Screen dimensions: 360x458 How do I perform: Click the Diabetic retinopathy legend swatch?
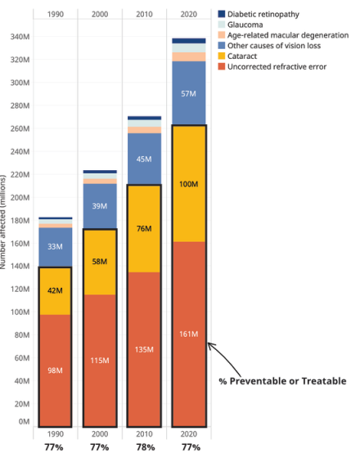click(x=222, y=14)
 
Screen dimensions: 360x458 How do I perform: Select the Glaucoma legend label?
click(x=245, y=25)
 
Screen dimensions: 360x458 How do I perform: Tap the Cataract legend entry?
click(x=237, y=56)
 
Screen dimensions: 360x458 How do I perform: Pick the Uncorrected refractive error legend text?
click(x=277, y=66)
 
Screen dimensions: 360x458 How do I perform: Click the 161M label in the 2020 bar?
click(x=188, y=334)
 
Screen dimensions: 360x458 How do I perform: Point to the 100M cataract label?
click(x=188, y=184)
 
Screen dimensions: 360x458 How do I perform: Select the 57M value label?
click(x=188, y=94)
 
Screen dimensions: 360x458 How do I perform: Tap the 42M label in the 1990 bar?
click(x=55, y=290)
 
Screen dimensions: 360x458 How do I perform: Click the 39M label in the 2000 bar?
click(x=100, y=206)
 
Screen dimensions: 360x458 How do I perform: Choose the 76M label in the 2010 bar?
click(x=144, y=228)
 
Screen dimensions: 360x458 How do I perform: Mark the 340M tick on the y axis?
click(x=20, y=37)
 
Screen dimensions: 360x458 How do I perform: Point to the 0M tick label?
click(x=24, y=421)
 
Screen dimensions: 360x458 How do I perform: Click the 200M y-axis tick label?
click(x=20, y=197)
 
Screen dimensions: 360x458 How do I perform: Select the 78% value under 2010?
click(x=146, y=447)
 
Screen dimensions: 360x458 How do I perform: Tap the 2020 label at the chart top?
click(x=189, y=14)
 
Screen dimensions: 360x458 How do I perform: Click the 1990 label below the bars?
click(x=56, y=434)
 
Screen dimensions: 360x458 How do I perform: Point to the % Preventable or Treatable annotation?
click(x=282, y=381)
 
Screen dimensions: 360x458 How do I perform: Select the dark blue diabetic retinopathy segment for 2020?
click(x=189, y=41)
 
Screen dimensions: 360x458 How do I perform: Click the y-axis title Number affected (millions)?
click(x=3, y=222)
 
